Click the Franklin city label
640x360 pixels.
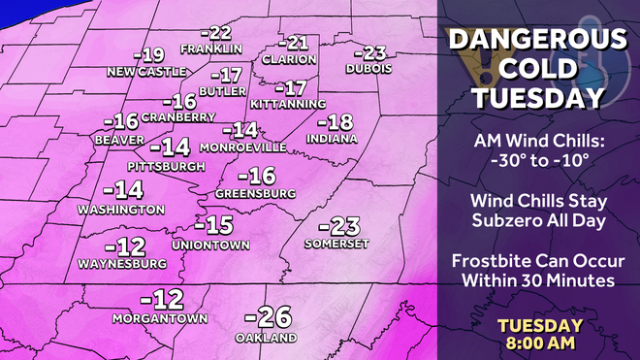click(x=210, y=49)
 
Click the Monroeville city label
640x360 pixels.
click(x=242, y=147)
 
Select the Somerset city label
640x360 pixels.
click(x=336, y=244)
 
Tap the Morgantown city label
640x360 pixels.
click(x=161, y=317)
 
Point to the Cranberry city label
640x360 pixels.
click(x=177, y=117)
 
